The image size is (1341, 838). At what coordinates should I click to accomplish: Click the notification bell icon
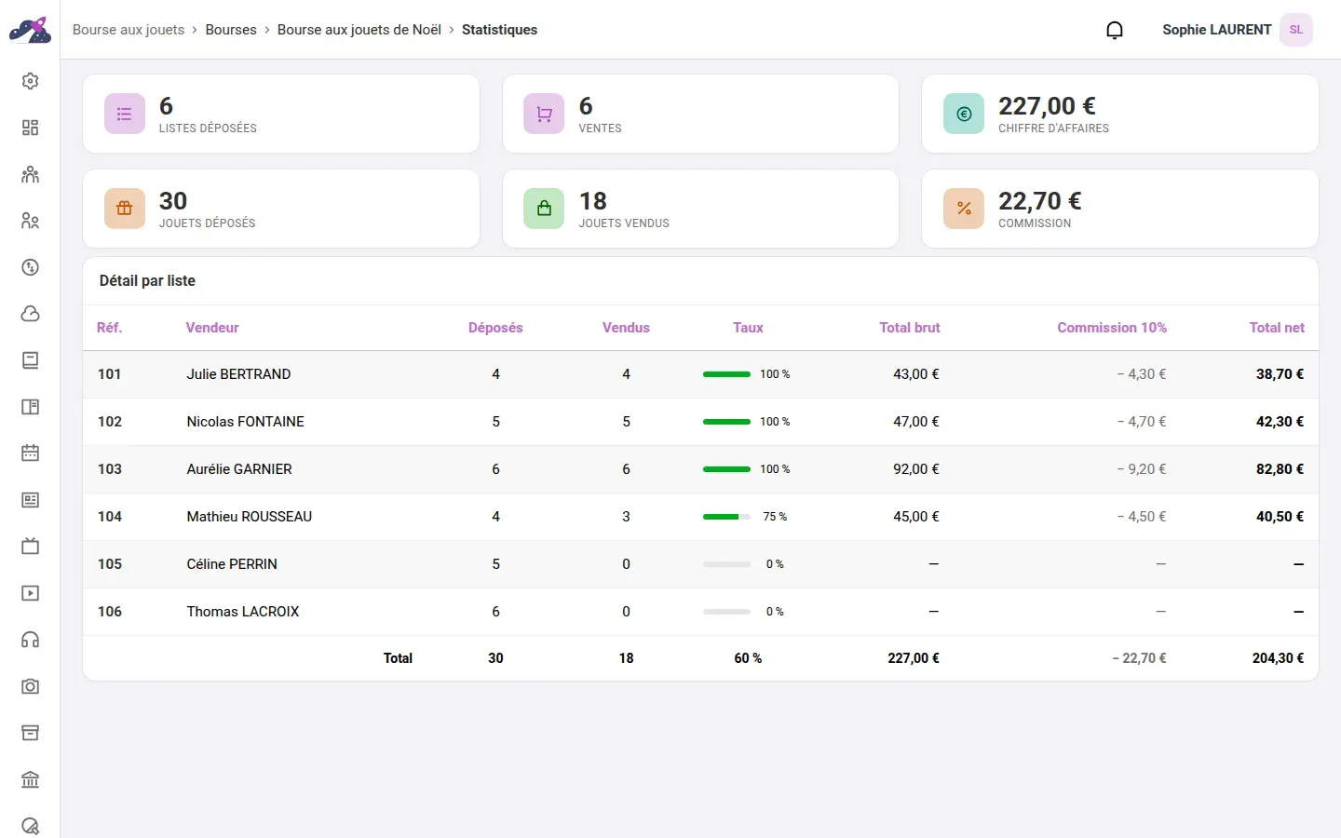tap(1114, 30)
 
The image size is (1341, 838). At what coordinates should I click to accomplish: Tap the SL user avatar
tap(1296, 30)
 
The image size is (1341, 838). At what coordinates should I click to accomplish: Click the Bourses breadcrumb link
tap(231, 30)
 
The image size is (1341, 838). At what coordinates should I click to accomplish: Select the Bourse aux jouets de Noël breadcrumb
tap(359, 30)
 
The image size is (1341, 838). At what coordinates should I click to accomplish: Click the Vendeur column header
tap(212, 328)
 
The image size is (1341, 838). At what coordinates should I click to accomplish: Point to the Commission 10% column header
tap(1112, 328)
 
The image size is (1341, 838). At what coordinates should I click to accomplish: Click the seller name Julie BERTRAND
tap(238, 374)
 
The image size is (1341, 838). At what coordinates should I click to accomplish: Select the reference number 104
tap(110, 517)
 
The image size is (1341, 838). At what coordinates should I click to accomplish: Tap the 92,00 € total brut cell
tap(916, 468)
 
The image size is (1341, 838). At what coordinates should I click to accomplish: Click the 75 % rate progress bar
tap(726, 517)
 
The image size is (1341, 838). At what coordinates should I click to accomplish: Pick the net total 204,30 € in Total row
tap(1278, 657)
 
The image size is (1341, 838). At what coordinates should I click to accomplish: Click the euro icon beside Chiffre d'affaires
tap(963, 114)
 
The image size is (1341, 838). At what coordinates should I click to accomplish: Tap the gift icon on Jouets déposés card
tap(125, 209)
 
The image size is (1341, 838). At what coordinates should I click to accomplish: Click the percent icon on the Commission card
tap(963, 209)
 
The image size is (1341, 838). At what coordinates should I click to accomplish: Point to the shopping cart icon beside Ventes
tap(544, 114)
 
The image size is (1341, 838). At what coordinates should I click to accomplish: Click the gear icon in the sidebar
tap(30, 81)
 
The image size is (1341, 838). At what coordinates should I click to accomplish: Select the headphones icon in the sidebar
tap(30, 640)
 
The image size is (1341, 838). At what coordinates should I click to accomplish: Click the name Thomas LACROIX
tap(242, 611)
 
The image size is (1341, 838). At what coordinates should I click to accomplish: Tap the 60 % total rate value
tap(748, 657)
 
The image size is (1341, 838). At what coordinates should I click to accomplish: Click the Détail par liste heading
tap(147, 281)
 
